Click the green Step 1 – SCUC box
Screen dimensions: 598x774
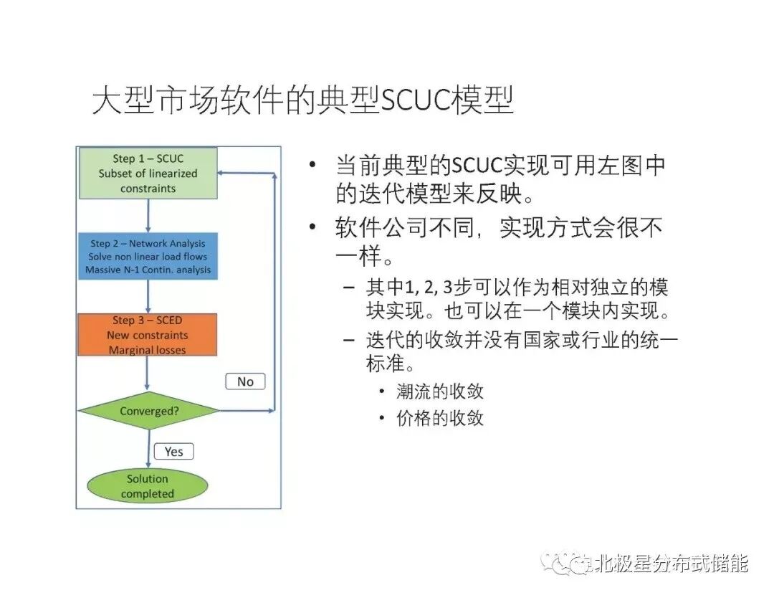(x=148, y=174)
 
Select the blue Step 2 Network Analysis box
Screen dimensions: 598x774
(x=148, y=257)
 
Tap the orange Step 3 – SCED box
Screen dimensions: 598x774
(x=148, y=334)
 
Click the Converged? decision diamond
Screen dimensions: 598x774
(x=148, y=411)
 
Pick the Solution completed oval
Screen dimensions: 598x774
(x=148, y=486)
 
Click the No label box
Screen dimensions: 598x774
(x=245, y=381)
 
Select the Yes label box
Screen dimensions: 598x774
(x=173, y=451)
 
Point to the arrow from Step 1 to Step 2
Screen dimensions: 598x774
(x=148, y=216)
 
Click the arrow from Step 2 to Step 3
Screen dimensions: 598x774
(x=148, y=295)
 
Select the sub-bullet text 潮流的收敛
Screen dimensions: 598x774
(x=440, y=391)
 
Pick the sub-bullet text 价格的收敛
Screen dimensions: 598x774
(x=440, y=419)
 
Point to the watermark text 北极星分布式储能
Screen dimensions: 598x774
(x=666, y=564)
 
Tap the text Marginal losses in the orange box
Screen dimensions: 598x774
(x=148, y=350)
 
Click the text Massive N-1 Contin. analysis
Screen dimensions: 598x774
(x=148, y=270)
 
